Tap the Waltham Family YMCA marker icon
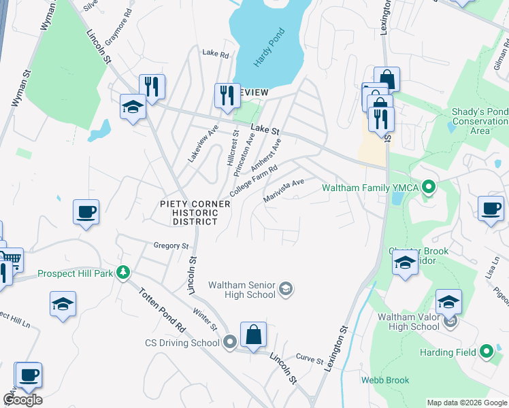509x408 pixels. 428,186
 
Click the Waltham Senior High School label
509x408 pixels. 242,289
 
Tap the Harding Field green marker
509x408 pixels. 486,352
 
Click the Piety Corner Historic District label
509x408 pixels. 188,212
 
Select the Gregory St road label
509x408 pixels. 171,245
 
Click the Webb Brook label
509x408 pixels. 385,380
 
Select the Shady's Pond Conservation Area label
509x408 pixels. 480,120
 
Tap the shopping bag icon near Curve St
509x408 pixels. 253,335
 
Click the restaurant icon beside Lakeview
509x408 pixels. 227,95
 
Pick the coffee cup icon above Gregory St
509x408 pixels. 86,212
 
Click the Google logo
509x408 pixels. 22,400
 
